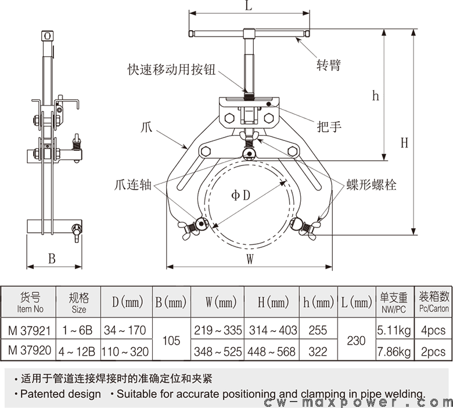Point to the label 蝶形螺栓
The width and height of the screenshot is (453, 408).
pyautogui.click(x=372, y=185)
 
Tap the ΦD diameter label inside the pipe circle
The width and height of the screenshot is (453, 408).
pyautogui.click(x=240, y=195)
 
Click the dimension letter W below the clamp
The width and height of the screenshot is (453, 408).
pyautogui.click(x=250, y=260)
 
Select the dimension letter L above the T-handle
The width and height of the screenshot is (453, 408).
pyautogui.click(x=249, y=7)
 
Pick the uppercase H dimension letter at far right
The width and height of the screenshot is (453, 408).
pyautogui.click(x=404, y=142)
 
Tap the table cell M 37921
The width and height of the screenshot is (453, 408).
pyautogui.click(x=29, y=330)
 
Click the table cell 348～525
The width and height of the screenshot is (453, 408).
pyautogui.click(x=217, y=351)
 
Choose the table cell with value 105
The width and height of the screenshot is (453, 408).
pyautogui.click(x=171, y=341)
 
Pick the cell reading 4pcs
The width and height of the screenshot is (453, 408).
pyautogui.click(x=433, y=330)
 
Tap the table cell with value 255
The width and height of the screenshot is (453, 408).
pyautogui.click(x=318, y=330)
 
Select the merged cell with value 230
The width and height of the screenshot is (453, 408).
pyautogui.click(x=355, y=341)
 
